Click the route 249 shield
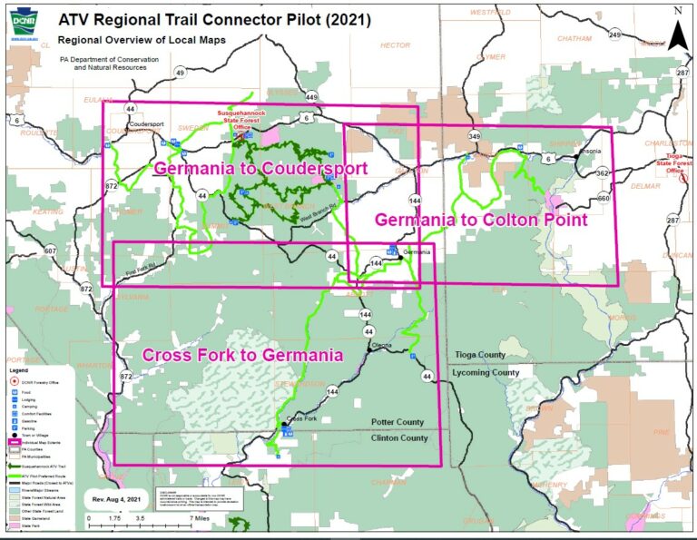pos(614,34)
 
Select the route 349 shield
pos(474,136)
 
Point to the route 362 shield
pos(602,172)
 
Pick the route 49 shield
pos(181,73)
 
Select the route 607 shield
pos(50,250)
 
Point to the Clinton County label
pos(399,437)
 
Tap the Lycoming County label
pos(486,372)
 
